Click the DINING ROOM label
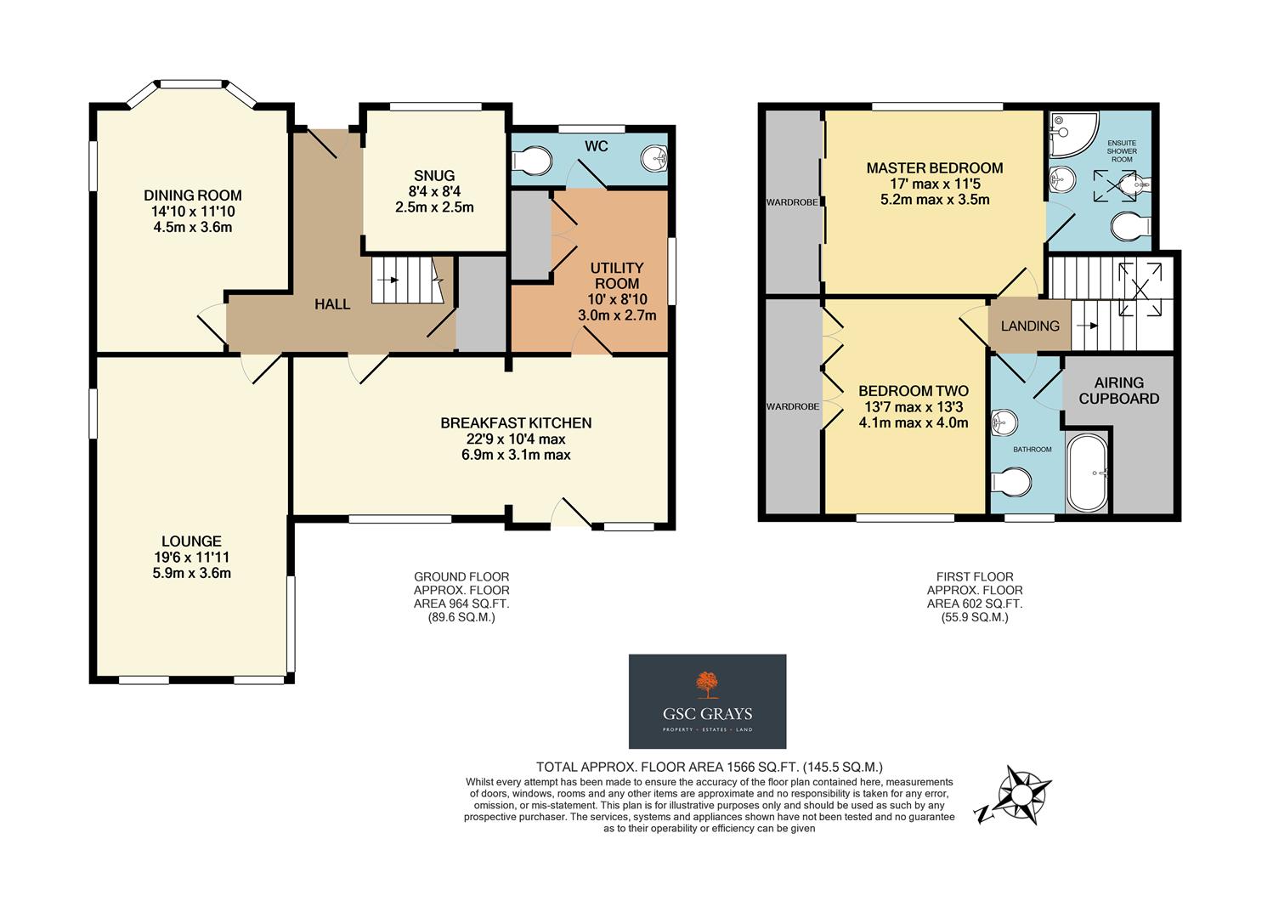pos(193,195)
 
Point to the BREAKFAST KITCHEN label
pos(516,422)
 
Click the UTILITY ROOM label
pos(618,275)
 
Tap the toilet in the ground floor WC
pos(534,158)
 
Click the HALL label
pos(332,304)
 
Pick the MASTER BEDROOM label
pos(935,168)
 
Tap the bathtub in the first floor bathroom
pos(1087,473)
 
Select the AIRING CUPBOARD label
pos(1119,390)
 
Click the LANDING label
pos(1030,326)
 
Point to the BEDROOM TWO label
pos(914,391)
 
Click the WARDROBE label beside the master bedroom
pos(792,203)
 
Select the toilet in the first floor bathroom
pos(1011,482)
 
